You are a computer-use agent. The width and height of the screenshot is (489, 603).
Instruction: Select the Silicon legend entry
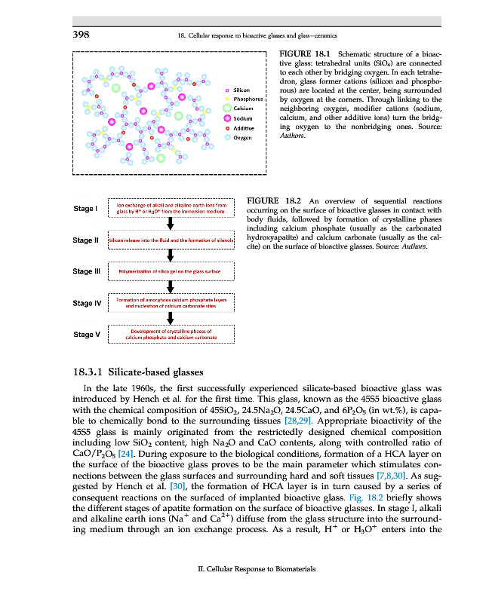[241, 90]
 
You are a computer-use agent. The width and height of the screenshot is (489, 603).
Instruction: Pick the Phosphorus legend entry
[247, 99]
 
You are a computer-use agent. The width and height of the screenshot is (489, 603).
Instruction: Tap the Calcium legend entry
[242, 109]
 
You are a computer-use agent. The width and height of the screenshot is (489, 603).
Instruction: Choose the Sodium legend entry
[242, 118]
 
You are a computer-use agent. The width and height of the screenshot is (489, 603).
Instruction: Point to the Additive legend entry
[243, 128]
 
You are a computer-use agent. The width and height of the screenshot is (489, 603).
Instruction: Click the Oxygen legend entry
[241, 138]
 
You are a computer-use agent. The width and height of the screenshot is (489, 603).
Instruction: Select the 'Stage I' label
[85, 208]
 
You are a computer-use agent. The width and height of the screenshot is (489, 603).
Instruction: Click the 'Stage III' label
[87, 271]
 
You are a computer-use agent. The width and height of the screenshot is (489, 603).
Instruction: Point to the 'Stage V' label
[87, 334]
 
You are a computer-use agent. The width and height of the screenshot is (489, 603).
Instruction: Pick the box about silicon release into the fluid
[173, 240]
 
